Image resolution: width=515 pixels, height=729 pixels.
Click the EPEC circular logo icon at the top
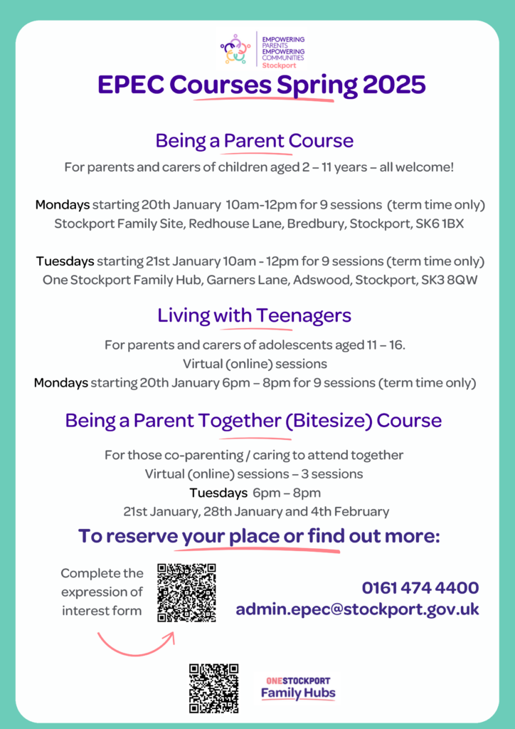235,49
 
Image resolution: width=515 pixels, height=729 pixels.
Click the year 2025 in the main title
394,85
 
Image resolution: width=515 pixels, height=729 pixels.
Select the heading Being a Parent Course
255,140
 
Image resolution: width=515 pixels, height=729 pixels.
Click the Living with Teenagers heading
255,315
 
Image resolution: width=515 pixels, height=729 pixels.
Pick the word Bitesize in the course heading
328,420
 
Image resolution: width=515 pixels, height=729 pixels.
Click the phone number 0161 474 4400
420,588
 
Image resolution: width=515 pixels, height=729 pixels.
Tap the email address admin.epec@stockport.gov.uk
357,609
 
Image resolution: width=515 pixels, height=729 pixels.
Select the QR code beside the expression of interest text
186,593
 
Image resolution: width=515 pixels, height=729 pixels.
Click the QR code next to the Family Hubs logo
213,688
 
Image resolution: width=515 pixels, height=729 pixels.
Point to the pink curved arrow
135,640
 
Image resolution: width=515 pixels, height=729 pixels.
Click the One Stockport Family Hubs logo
298,688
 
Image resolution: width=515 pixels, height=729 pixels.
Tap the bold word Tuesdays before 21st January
65,261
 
